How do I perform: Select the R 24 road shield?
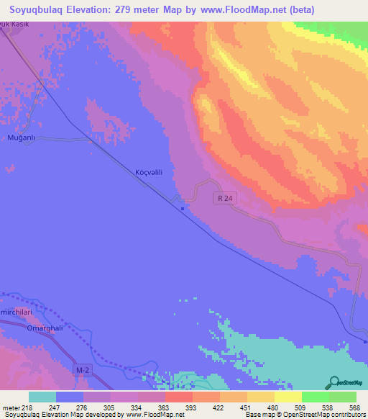(225, 197)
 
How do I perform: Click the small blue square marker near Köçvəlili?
(183, 209)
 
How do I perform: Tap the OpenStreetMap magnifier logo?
(334, 382)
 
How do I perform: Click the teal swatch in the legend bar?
(42, 397)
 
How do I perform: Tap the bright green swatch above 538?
(315, 397)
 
